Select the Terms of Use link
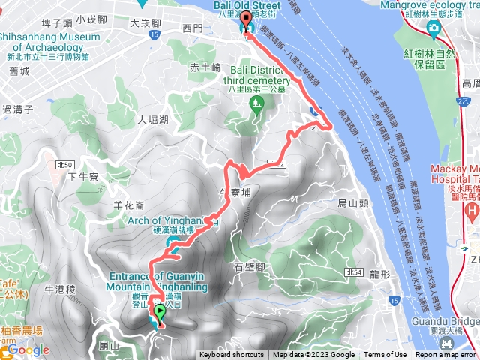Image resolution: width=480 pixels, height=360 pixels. (x=385, y=355)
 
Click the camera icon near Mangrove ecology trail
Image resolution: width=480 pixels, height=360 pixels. (x=433, y=28)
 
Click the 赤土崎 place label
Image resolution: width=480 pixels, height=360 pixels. (x=205, y=67)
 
